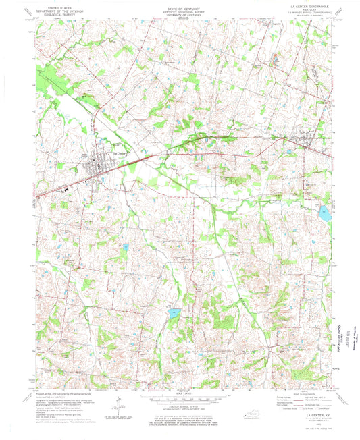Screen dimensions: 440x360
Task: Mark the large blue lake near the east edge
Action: tap(324, 215)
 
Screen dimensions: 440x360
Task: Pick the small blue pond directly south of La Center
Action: tap(126, 248)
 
